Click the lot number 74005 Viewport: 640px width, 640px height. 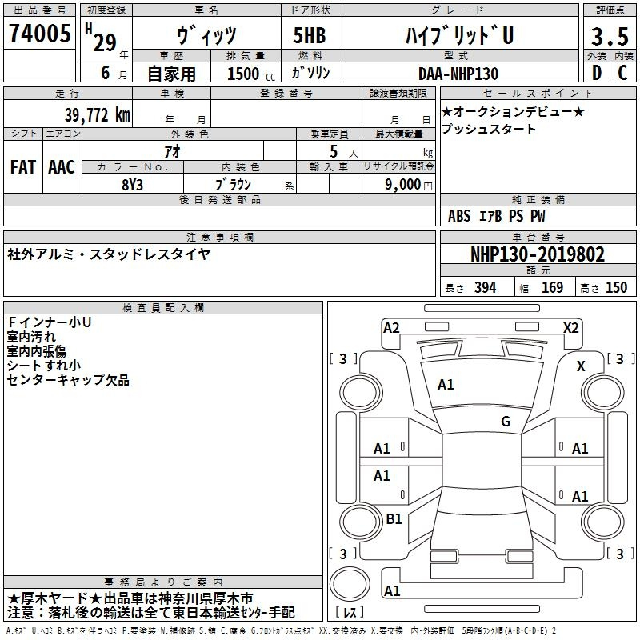point(39,33)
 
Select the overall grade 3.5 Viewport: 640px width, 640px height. point(610,36)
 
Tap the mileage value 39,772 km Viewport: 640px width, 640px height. point(98,114)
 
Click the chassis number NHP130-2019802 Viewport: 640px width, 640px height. point(538,254)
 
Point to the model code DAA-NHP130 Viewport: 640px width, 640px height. point(458,74)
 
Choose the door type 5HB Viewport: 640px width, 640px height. point(310,35)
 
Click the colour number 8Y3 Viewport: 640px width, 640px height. point(132,185)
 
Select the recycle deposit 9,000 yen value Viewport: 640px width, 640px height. point(409,185)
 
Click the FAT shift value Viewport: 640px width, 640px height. point(23,167)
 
